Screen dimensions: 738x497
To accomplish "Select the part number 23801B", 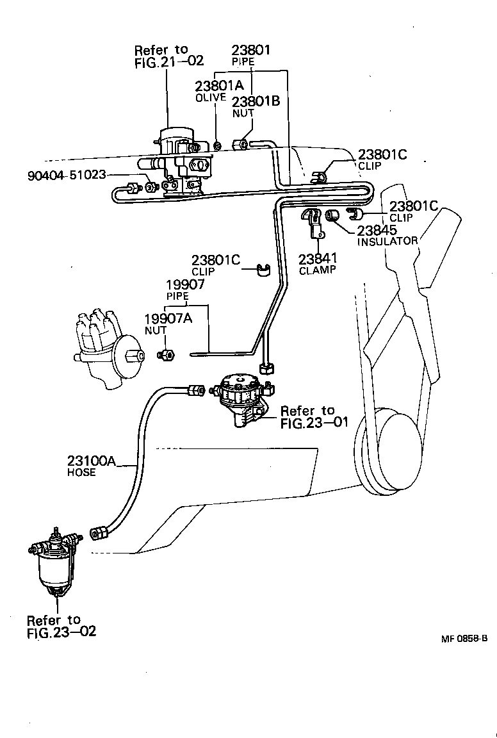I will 256,101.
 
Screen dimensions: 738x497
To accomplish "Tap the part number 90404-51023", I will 67,175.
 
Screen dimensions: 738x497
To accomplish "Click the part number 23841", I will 316,258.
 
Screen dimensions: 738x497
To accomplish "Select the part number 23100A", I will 92,461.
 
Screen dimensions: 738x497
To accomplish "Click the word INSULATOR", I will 387,242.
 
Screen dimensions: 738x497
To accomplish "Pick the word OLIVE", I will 211,98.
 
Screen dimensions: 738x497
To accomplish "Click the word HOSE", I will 81,473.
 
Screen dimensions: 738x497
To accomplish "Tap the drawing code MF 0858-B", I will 464,639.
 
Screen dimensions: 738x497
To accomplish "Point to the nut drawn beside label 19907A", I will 165,354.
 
